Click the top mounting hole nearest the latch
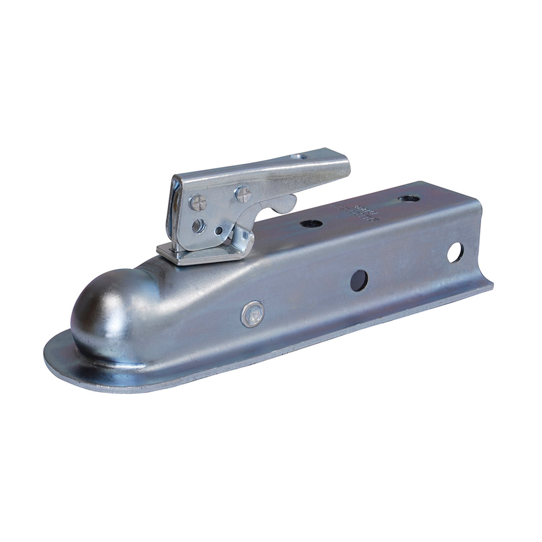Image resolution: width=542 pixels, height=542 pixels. click(311, 223)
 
